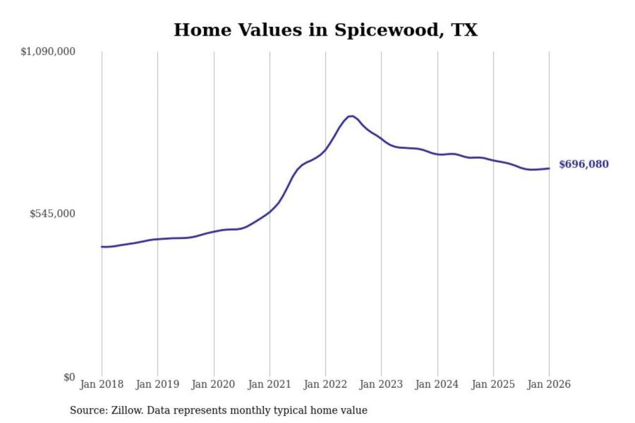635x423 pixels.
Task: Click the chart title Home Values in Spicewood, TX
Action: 325,30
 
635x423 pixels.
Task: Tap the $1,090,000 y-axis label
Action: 48,52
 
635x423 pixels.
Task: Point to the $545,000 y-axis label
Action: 52,214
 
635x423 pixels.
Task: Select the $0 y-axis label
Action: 69,377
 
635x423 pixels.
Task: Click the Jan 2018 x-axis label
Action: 101,384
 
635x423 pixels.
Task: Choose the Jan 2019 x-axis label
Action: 157,384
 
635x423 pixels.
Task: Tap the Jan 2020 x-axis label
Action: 213,384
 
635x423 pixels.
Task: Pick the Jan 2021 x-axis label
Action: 269,384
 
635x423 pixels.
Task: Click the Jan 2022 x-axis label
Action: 325,384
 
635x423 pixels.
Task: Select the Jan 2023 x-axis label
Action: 381,384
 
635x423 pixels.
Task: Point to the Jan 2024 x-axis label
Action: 437,384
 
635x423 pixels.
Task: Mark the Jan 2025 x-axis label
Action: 493,384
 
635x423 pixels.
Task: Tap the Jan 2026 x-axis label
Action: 549,384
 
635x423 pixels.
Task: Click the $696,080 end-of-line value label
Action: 583,164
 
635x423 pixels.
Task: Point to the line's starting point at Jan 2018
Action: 102,247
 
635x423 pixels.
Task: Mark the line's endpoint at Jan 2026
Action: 549,168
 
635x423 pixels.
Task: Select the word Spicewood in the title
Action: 386,30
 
